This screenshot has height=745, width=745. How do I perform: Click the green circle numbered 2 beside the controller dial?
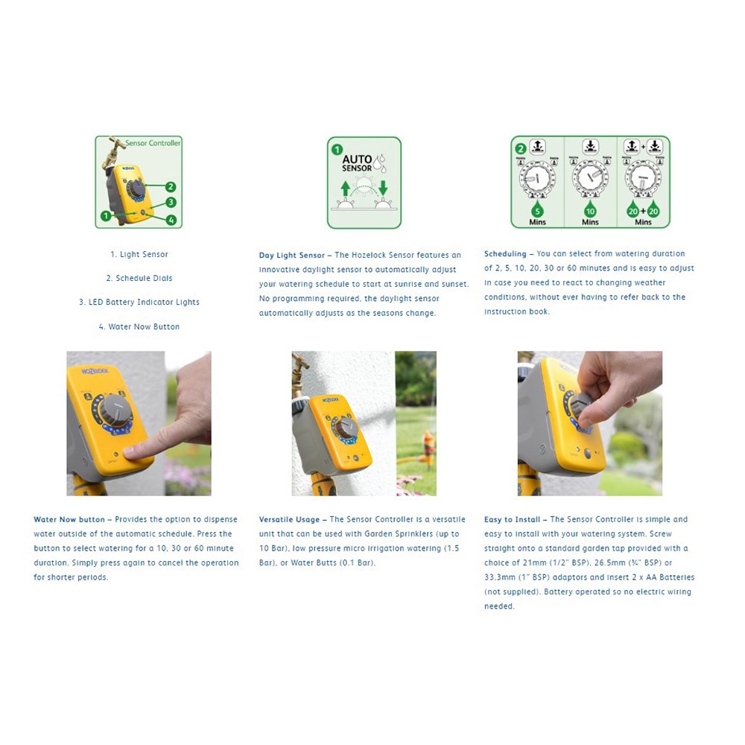[x=171, y=187]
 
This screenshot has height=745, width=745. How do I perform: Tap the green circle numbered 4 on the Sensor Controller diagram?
[x=171, y=220]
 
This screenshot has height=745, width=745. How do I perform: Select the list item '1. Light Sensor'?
[x=139, y=255]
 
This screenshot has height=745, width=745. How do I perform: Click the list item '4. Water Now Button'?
[x=139, y=327]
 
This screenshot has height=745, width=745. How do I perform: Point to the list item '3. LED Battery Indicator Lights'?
[x=139, y=302]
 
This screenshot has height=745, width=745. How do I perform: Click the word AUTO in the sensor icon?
[x=357, y=159]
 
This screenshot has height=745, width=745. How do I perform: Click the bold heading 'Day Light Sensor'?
[x=291, y=256]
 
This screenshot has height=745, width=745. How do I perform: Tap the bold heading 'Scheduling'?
[x=505, y=254]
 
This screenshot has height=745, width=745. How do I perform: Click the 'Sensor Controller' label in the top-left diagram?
[x=153, y=143]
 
